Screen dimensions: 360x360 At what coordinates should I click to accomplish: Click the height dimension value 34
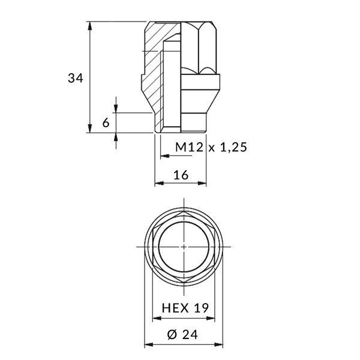point(75,78)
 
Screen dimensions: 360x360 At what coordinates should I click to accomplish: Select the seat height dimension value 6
point(106,122)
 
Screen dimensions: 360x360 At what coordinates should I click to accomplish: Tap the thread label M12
point(189,147)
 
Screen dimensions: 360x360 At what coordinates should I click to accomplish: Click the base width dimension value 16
point(181,175)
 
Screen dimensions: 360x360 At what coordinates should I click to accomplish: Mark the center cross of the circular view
point(184,247)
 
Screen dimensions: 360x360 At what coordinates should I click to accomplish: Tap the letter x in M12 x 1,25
point(212,148)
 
